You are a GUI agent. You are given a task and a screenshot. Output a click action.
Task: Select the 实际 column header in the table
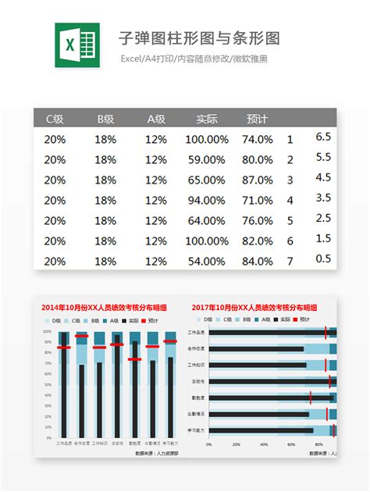(x=207, y=119)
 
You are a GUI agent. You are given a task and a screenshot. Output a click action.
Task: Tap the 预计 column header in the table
(x=257, y=119)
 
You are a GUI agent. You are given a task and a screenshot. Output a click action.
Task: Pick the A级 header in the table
(x=156, y=119)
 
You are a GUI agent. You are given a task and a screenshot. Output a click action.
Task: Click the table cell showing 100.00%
(x=207, y=140)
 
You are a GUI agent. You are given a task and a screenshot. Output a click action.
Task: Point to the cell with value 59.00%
(x=207, y=160)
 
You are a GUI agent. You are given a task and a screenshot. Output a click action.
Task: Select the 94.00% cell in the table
(x=207, y=201)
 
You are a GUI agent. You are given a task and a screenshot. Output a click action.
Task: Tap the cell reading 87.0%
(x=257, y=180)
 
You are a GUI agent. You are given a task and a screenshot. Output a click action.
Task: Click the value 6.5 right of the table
(x=323, y=137)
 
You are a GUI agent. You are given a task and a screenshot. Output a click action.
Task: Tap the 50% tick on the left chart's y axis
(x=47, y=384)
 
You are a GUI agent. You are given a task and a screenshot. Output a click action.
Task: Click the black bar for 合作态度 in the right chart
(x=258, y=349)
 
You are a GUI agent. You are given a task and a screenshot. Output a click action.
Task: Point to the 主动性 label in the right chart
(x=198, y=382)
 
